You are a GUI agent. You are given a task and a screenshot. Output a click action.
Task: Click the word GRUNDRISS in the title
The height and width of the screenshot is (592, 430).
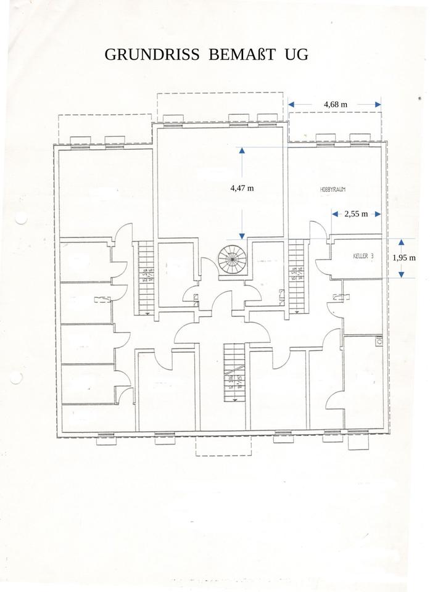(152, 54)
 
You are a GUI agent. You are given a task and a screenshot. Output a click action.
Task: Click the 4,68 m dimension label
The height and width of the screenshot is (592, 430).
(335, 104)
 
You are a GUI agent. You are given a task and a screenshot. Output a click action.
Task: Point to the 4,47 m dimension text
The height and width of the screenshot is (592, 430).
(241, 188)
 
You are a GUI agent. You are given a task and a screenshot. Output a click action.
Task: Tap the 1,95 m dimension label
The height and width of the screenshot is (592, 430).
(404, 258)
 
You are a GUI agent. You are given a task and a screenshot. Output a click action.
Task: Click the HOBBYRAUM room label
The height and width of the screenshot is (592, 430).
(336, 191)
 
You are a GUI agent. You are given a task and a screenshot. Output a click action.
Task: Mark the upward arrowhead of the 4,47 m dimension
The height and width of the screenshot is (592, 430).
(242, 150)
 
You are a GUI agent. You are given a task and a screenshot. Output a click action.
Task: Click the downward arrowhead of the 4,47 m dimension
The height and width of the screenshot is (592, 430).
(242, 235)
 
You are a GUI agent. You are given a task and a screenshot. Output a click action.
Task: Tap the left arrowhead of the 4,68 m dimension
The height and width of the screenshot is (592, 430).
(292, 105)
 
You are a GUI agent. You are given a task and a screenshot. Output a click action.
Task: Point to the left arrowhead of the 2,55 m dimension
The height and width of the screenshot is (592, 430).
(335, 214)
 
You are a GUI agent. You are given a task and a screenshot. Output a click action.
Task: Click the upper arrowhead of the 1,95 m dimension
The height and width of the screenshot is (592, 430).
(401, 242)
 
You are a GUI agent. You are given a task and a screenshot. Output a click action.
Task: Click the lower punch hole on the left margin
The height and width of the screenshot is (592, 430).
(17, 377)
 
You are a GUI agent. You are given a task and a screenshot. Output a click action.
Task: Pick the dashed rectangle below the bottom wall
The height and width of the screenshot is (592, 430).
(223, 446)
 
